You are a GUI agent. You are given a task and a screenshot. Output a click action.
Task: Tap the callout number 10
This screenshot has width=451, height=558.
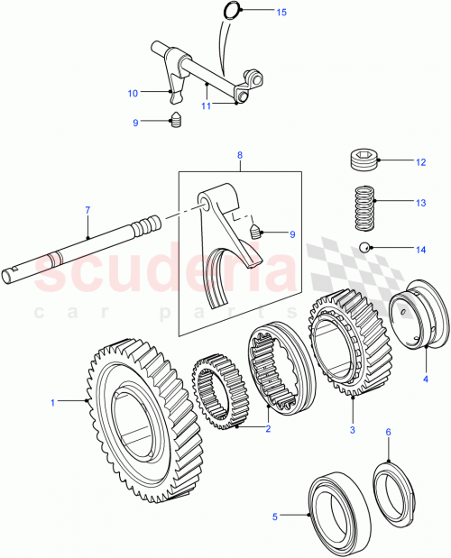133,93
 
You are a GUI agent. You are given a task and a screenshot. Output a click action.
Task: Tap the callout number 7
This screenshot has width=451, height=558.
87,211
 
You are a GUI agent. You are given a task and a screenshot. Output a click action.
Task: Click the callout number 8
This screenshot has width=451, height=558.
240,155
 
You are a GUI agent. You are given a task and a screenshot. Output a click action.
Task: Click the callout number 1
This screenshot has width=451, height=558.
53,402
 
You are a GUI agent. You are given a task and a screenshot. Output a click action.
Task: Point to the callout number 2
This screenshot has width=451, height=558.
267,429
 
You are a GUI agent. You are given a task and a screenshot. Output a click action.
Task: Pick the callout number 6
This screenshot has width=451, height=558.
388,434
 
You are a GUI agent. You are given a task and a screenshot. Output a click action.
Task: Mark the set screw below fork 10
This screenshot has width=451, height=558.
178,122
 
